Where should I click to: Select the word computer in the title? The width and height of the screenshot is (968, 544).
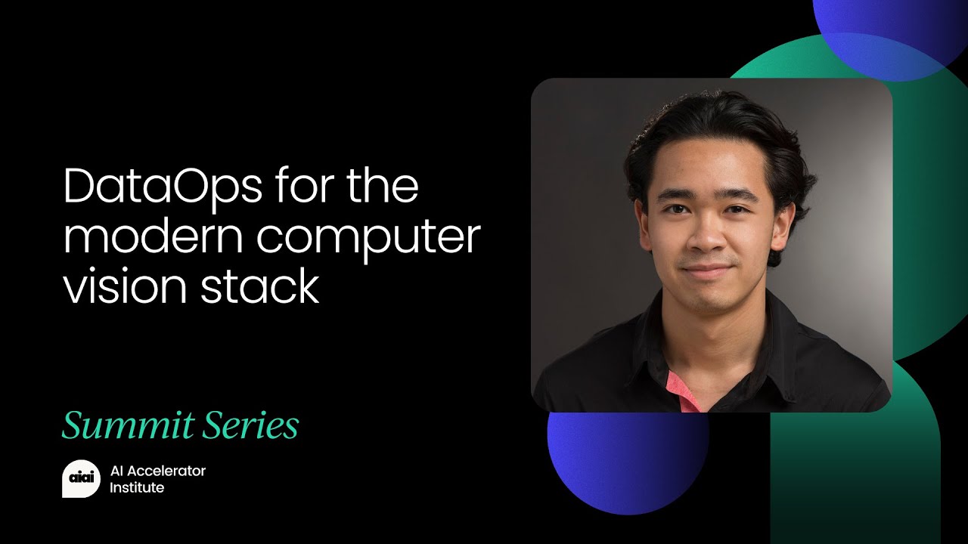368,239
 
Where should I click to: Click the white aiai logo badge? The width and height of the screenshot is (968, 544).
80,479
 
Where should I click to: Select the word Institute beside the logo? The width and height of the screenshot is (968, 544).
137,488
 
